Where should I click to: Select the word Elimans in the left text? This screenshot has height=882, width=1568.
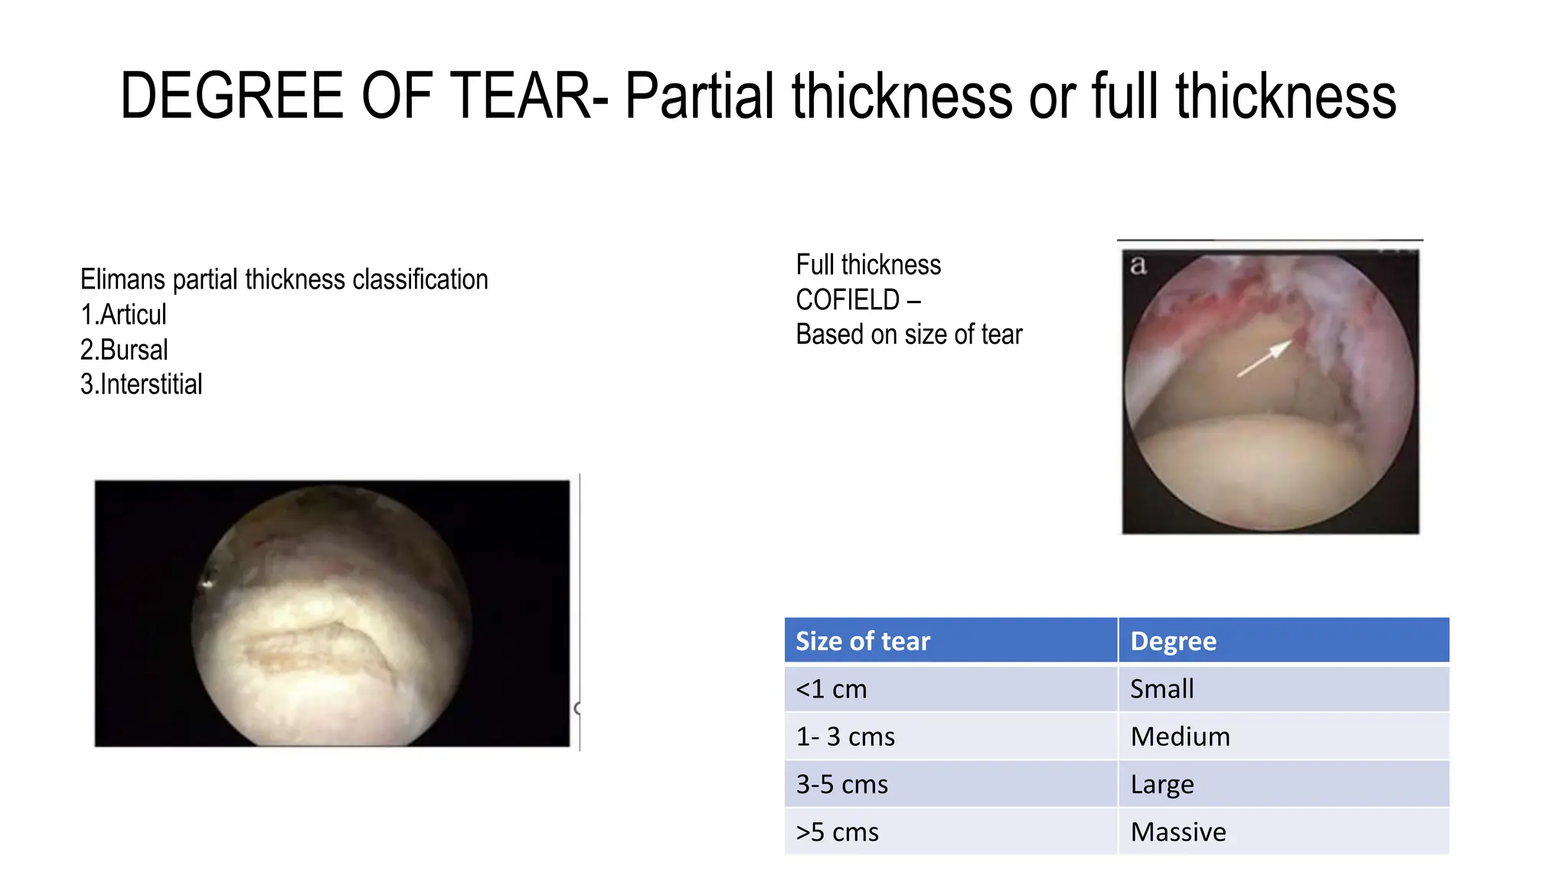122,279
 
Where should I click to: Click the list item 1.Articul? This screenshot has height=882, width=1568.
123,315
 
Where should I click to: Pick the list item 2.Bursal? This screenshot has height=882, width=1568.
124,350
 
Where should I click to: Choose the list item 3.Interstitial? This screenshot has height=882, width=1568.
142,384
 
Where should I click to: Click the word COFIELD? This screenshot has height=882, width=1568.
848,300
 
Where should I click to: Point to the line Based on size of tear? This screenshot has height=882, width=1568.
909,335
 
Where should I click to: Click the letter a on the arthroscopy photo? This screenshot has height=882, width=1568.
1138,265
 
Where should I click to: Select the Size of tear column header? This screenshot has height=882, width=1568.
863,641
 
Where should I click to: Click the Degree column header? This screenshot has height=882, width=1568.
1173,641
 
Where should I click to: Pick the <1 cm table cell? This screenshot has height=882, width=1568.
831,689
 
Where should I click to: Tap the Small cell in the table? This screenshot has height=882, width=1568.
1161,689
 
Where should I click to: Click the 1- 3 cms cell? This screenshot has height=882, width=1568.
845,737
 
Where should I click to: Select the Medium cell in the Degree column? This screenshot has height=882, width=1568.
1180,737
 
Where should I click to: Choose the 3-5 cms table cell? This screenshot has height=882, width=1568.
842,784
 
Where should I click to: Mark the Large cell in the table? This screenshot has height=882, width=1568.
1161,784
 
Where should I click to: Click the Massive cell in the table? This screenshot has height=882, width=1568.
1178,831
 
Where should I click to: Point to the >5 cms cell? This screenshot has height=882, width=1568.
838,831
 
